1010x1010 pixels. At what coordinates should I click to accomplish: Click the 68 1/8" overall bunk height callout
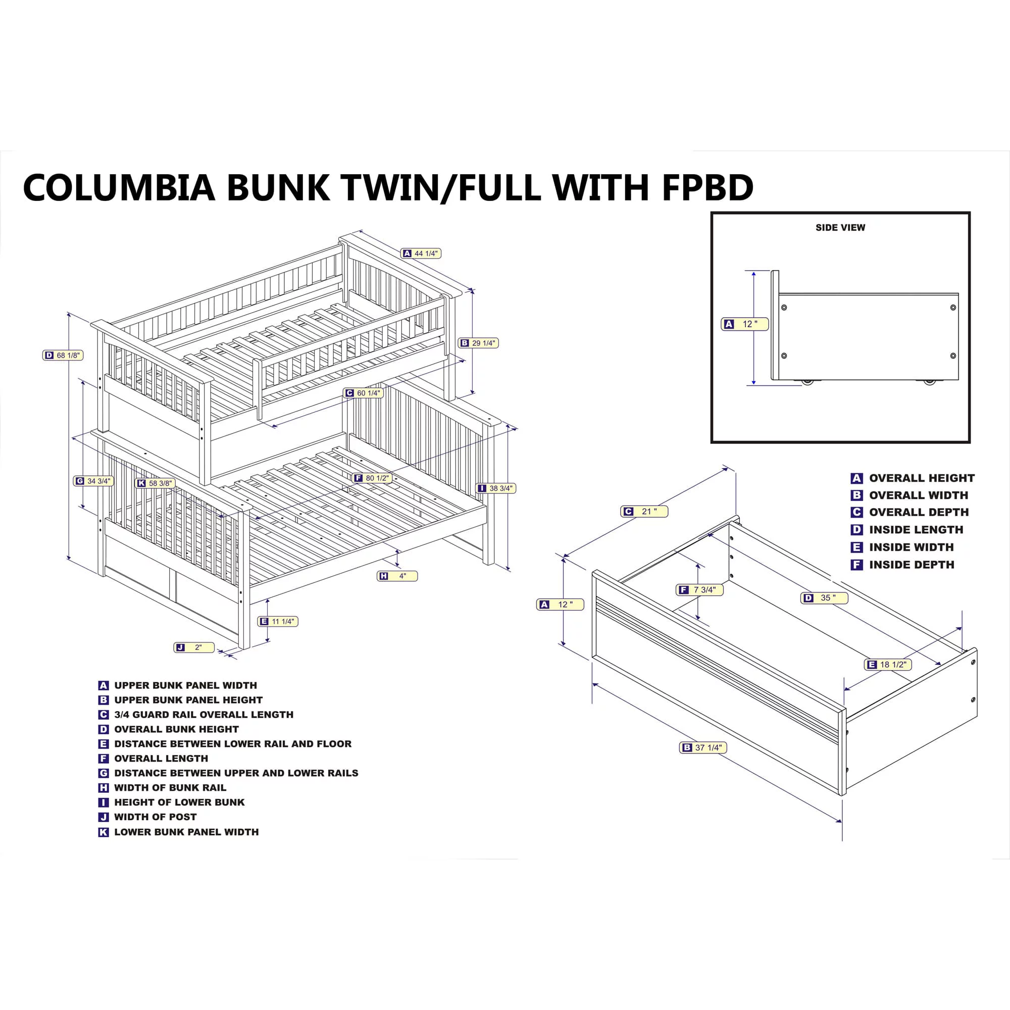pos(63,356)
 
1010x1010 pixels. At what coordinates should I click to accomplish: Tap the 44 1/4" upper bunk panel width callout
pos(421,254)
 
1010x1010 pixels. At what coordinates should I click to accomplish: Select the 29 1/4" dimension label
pos(478,343)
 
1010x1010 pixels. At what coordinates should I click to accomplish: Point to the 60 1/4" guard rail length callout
pos(363,393)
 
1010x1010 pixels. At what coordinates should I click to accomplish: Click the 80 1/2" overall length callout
pos(372,478)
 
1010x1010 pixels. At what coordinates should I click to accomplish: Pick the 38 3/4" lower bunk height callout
pos(496,488)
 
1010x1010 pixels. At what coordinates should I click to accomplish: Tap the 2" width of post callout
pos(194,648)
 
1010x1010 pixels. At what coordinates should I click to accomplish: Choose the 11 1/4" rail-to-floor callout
pos(278,622)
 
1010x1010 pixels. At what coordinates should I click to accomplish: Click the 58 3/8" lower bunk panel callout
pos(155,483)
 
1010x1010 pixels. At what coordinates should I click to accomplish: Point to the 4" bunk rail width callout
pos(397,576)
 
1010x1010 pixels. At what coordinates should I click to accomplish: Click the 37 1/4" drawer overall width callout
pos(703,747)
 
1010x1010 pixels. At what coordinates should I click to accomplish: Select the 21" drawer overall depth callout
pos(644,511)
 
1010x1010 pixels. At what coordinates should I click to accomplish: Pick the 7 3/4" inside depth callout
pos(699,590)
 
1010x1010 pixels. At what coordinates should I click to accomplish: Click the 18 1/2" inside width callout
pos(888,665)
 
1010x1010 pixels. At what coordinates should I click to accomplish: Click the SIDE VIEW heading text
pos(841,227)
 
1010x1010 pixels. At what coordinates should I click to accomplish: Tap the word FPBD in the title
pos(708,187)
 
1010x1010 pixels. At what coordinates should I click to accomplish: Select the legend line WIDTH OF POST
pos(147,817)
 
